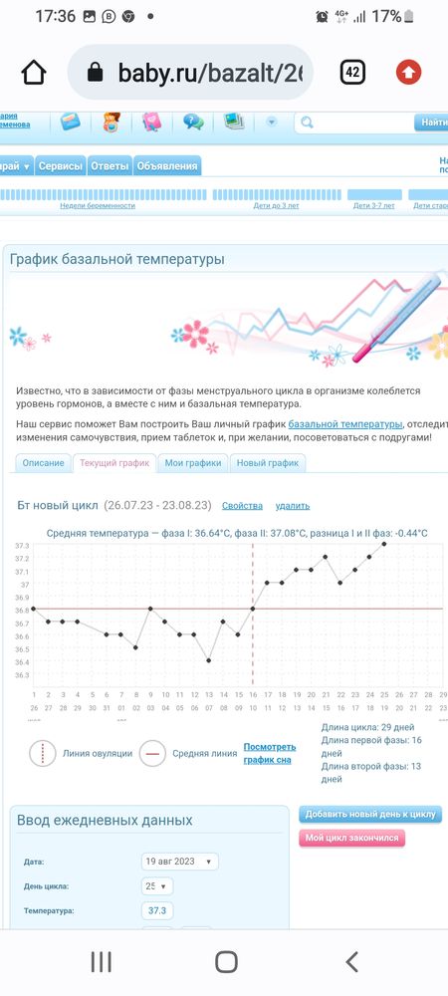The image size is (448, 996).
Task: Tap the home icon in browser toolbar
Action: click(34, 73)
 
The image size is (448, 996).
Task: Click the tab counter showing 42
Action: click(352, 72)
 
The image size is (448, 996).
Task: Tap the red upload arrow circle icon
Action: click(408, 72)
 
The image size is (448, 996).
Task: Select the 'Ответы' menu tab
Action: click(110, 166)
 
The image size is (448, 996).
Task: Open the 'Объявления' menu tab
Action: click(167, 166)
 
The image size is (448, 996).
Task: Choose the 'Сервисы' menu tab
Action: click(60, 166)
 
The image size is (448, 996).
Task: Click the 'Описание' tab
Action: click(43, 463)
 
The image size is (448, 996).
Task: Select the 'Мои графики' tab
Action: click(193, 463)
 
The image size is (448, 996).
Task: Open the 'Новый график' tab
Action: click(268, 463)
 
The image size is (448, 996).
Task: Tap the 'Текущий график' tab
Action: click(113, 463)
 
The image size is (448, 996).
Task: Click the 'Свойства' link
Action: click(242, 506)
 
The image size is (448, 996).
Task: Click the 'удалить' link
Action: click(292, 506)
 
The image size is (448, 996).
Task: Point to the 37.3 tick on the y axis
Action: click(21, 546)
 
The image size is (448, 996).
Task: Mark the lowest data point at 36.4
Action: click(209, 660)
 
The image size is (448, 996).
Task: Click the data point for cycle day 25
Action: click(384, 544)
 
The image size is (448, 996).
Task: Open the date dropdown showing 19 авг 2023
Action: click(180, 862)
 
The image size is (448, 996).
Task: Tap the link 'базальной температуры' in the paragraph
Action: click(345, 424)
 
